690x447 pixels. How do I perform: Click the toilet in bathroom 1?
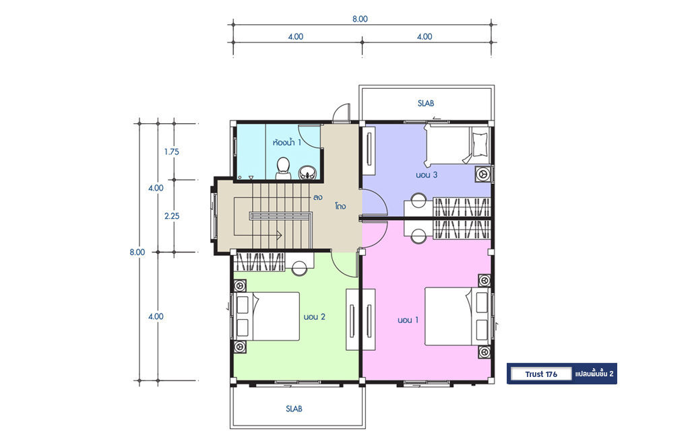point(283,169)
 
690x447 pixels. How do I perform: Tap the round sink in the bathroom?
point(307,173)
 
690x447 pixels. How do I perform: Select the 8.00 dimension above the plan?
point(360,19)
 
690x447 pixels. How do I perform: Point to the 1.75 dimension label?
point(172,151)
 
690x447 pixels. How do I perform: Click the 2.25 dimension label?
point(172,216)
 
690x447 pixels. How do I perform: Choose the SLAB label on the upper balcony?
point(426,103)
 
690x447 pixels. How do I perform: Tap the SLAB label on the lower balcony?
point(294,409)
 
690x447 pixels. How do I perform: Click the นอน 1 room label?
point(408,320)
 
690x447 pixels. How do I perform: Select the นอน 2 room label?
point(314,317)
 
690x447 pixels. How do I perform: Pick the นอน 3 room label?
point(427,175)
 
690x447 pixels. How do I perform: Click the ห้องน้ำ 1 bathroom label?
point(287,143)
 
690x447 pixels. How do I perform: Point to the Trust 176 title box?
point(541,374)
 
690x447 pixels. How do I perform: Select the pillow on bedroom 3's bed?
point(480,143)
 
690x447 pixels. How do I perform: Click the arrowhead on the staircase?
point(279,235)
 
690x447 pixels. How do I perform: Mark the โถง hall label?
point(340,206)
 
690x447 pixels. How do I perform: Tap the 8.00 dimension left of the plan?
point(137,252)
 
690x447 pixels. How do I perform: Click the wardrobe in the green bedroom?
point(259,262)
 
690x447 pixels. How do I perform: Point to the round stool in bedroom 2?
point(300,269)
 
